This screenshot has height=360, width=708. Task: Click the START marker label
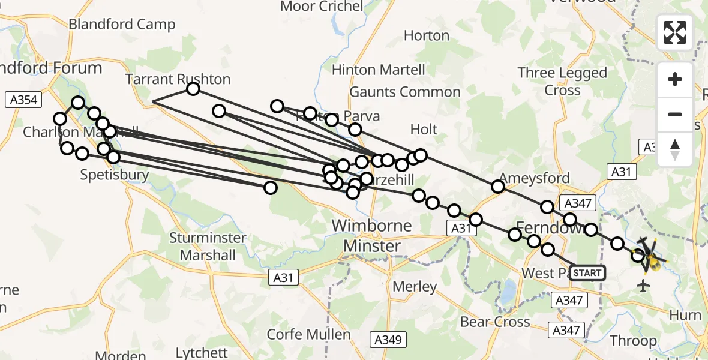point(587,273)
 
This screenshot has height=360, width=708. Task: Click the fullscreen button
point(675,32)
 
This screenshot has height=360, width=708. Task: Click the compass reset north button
point(675,149)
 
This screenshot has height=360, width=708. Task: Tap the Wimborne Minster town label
point(371,236)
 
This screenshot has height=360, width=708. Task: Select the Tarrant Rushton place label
point(178,79)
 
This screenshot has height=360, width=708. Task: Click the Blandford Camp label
point(122,25)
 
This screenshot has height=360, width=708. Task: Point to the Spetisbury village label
point(115,175)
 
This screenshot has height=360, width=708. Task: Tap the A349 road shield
point(388,340)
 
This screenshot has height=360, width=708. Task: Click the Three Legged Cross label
point(562,82)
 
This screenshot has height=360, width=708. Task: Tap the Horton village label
point(426,36)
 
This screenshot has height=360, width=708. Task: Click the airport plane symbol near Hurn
point(644,285)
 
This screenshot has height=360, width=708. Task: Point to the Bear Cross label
point(495,322)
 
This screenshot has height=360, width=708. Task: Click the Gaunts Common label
point(405,92)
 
